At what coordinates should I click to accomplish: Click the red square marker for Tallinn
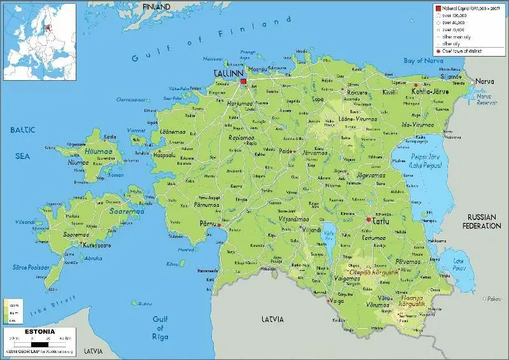(243, 81)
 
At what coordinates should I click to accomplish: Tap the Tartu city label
(380, 221)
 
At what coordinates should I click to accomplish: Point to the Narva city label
(485, 82)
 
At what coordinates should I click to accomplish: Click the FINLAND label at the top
(157, 6)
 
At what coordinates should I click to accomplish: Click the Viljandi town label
(312, 230)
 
